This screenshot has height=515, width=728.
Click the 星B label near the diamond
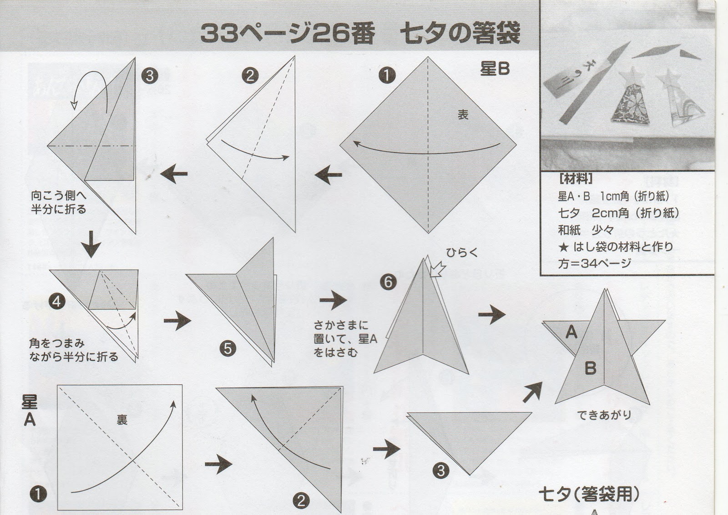pos(495,69)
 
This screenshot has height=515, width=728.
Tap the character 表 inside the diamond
pos(463,114)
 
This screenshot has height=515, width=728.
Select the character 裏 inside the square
pos(122,420)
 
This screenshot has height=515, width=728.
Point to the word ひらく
pos(462,252)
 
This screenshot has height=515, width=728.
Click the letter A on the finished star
pos(571,332)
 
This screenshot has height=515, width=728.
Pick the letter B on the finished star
pos(590,369)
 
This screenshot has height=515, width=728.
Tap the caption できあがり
pos(604,415)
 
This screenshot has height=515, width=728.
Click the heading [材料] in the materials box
pos(575,178)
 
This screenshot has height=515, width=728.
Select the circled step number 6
pos(388,282)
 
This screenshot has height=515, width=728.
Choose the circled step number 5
pos(227,349)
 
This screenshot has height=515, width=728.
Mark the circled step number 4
pos(57,302)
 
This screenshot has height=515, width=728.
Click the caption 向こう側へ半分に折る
pos(59,202)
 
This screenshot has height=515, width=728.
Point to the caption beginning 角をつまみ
pos(73,350)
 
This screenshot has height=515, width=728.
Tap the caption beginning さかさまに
pos(345,338)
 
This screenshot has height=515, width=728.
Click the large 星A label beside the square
pos(30,411)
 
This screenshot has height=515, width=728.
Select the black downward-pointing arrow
pos(91,244)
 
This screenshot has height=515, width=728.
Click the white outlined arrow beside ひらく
pos(437,270)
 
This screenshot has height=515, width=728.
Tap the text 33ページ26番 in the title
pos(288,34)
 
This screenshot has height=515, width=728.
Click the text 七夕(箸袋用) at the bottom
pos(589,495)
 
